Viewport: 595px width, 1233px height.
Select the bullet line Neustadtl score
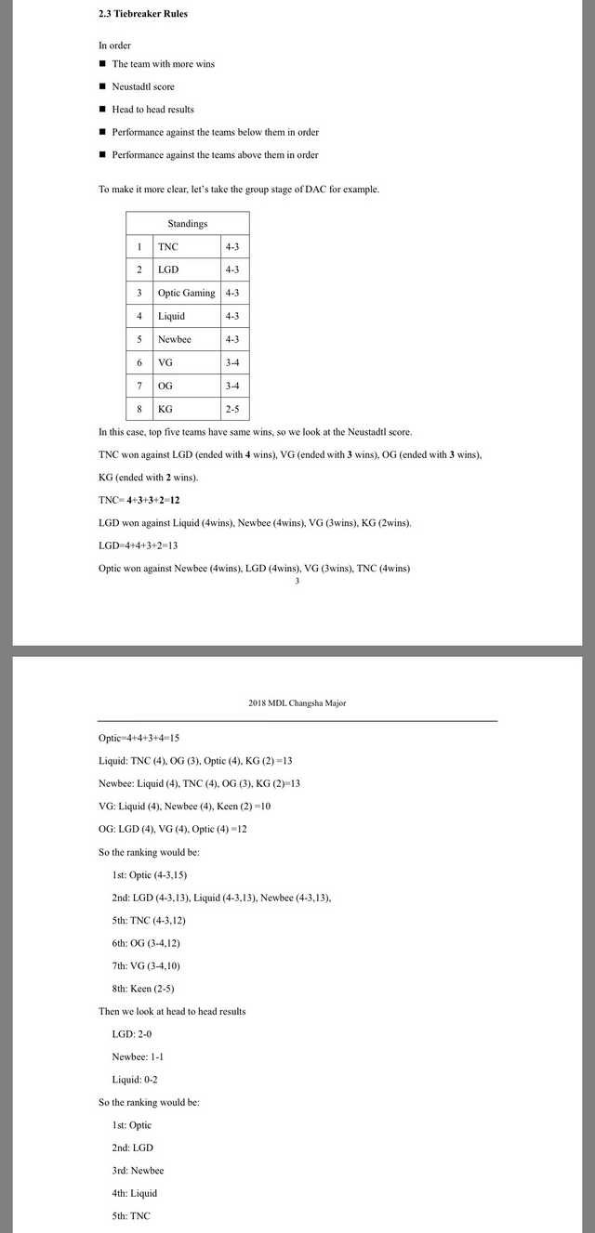point(142,86)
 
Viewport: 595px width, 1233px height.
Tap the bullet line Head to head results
point(152,110)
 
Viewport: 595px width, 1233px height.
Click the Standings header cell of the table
point(188,223)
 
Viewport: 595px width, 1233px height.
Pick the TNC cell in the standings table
point(168,246)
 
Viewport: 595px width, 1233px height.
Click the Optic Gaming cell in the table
point(186,293)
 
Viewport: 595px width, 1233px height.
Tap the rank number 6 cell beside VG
point(139,362)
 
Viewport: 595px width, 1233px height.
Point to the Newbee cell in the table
point(174,339)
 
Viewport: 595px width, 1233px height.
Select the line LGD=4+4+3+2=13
point(138,545)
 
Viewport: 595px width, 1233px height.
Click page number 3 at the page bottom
point(297,581)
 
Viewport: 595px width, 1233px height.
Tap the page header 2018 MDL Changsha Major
point(297,703)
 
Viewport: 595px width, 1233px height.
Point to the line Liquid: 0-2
point(137,1080)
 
